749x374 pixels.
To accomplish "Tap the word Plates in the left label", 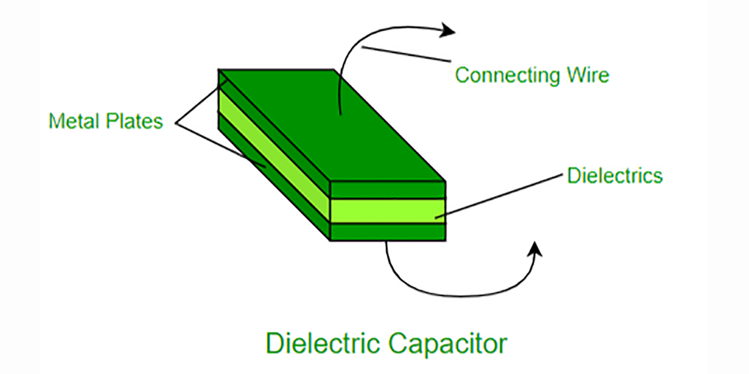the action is (x=134, y=121).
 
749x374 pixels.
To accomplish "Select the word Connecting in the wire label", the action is (x=507, y=75).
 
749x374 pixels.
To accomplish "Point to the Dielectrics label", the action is (x=615, y=176).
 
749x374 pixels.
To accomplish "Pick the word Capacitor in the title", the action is (x=448, y=345).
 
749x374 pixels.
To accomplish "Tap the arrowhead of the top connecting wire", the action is (x=448, y=31).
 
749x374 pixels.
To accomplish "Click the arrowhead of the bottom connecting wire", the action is (x=535, y=249).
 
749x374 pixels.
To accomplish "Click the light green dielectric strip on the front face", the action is (x=388, y=211).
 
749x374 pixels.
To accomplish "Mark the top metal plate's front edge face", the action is (x=388, y=190).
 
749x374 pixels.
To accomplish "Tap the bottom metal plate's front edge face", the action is (x=388, y=232).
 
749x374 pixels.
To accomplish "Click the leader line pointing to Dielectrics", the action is (x=499, y=196).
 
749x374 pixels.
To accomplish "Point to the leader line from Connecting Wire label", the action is (x=406, y=54).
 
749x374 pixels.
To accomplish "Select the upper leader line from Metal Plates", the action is (x=202, y=102).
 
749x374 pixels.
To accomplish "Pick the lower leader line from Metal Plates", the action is (x=221, y=146).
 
